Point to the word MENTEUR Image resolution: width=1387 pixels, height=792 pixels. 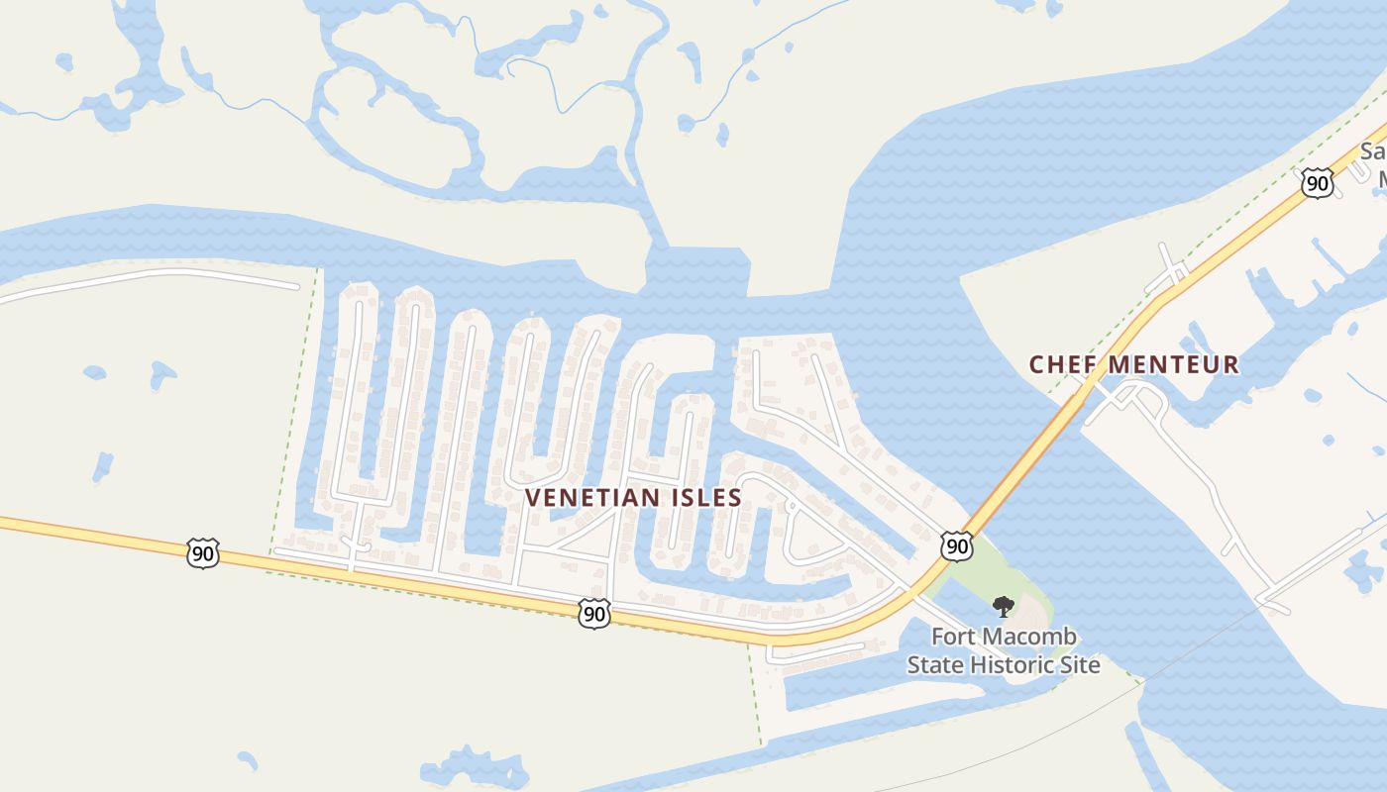pos(1173,365)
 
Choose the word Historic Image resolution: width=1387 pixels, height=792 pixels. pos(1012,664)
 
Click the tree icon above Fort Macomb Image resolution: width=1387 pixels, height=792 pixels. pos(1003,606)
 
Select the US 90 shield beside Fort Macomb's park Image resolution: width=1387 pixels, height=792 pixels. pos(956,545)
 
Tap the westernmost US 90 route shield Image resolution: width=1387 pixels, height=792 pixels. pos(203,552)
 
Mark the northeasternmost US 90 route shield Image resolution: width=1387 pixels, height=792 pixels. pos(1317,182)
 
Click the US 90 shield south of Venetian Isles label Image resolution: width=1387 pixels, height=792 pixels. pos(592,614)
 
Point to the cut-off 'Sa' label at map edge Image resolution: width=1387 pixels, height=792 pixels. pos(1373,152)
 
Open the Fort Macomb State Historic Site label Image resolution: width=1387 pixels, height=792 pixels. pos(1003,650)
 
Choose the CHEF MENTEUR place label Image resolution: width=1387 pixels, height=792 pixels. pos(1133,365)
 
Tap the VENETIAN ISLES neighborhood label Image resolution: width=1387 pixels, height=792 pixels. pos(633,498)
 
